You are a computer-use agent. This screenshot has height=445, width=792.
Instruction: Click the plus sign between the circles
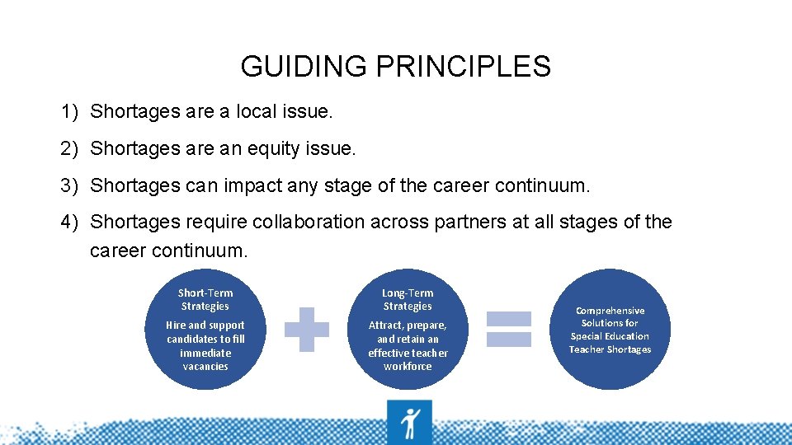coord(307,329)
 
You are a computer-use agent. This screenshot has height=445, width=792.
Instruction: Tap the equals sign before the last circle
coord(509,329)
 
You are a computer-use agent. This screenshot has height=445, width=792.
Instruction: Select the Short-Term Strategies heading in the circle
coord(205,299)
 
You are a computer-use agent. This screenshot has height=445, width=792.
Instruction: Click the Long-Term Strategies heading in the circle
coord(408,299)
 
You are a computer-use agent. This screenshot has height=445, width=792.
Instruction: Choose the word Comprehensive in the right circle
coord(610,311)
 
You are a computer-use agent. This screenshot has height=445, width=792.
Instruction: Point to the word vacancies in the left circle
coord(205,367)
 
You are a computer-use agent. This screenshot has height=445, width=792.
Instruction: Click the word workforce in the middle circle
coord(408,367)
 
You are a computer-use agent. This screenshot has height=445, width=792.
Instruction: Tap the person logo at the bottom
coord(409,423)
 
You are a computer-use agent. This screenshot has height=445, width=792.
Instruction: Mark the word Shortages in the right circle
coord(629,349)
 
